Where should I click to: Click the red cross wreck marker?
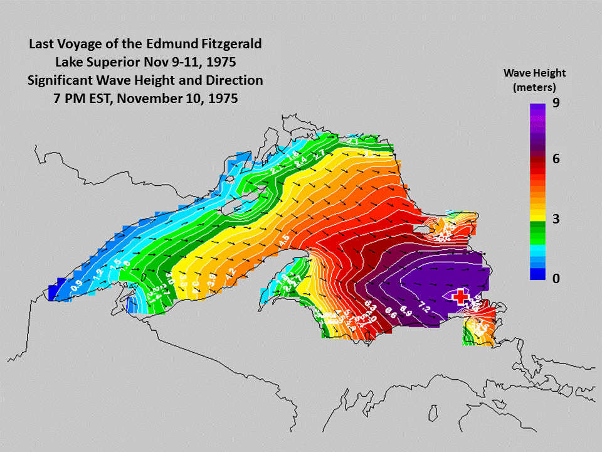coord(462,297)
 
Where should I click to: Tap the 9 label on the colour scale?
coord(556,106)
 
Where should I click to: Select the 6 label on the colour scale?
coord(556,159)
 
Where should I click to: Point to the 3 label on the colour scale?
coord(556,219)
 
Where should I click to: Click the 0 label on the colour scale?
coord(556,278)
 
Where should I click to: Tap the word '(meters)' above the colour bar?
coord(534,87)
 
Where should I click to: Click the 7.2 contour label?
coord(426,307)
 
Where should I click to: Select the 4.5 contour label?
coord(283,240)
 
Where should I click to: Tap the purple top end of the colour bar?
coord(537,110)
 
